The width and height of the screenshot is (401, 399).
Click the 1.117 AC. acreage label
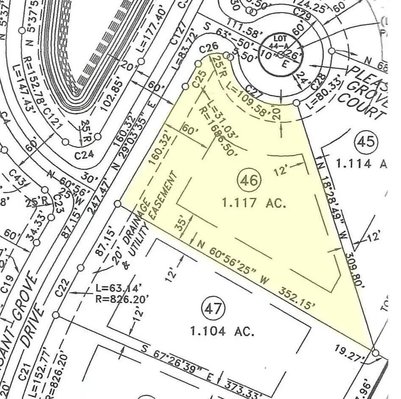254,203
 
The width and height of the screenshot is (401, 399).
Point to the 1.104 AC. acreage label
222,331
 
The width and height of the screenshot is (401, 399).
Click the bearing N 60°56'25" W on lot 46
233,262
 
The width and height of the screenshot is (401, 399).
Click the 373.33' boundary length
243,384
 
